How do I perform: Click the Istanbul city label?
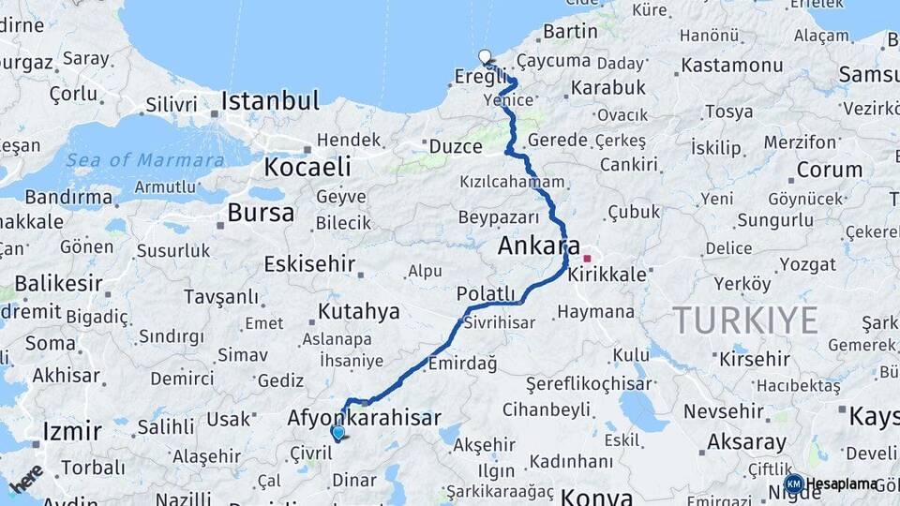click(270, 100)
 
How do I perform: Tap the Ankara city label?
click(538, 246)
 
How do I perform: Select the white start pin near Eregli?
click(484, 57)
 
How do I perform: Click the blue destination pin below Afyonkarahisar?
click(337, 433)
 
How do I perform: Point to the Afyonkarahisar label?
click(364, 418)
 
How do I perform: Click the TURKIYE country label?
click(745, 320)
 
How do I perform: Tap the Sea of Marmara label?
click(145, 160)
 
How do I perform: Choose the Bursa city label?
click(261, 213)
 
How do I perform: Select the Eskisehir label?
click(309, 264)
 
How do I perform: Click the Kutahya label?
click(359, 311)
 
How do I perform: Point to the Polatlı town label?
click(486, 294)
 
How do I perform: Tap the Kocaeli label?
click(307, 168)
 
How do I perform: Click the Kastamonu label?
click(731, 66)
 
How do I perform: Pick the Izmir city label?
click(72, 432)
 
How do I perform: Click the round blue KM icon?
click(793, 484)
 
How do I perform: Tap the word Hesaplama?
click(842, 484)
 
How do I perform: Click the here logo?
click(25, 478)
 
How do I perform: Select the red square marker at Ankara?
click(588, 259)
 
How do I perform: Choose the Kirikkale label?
click(607, 275)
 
